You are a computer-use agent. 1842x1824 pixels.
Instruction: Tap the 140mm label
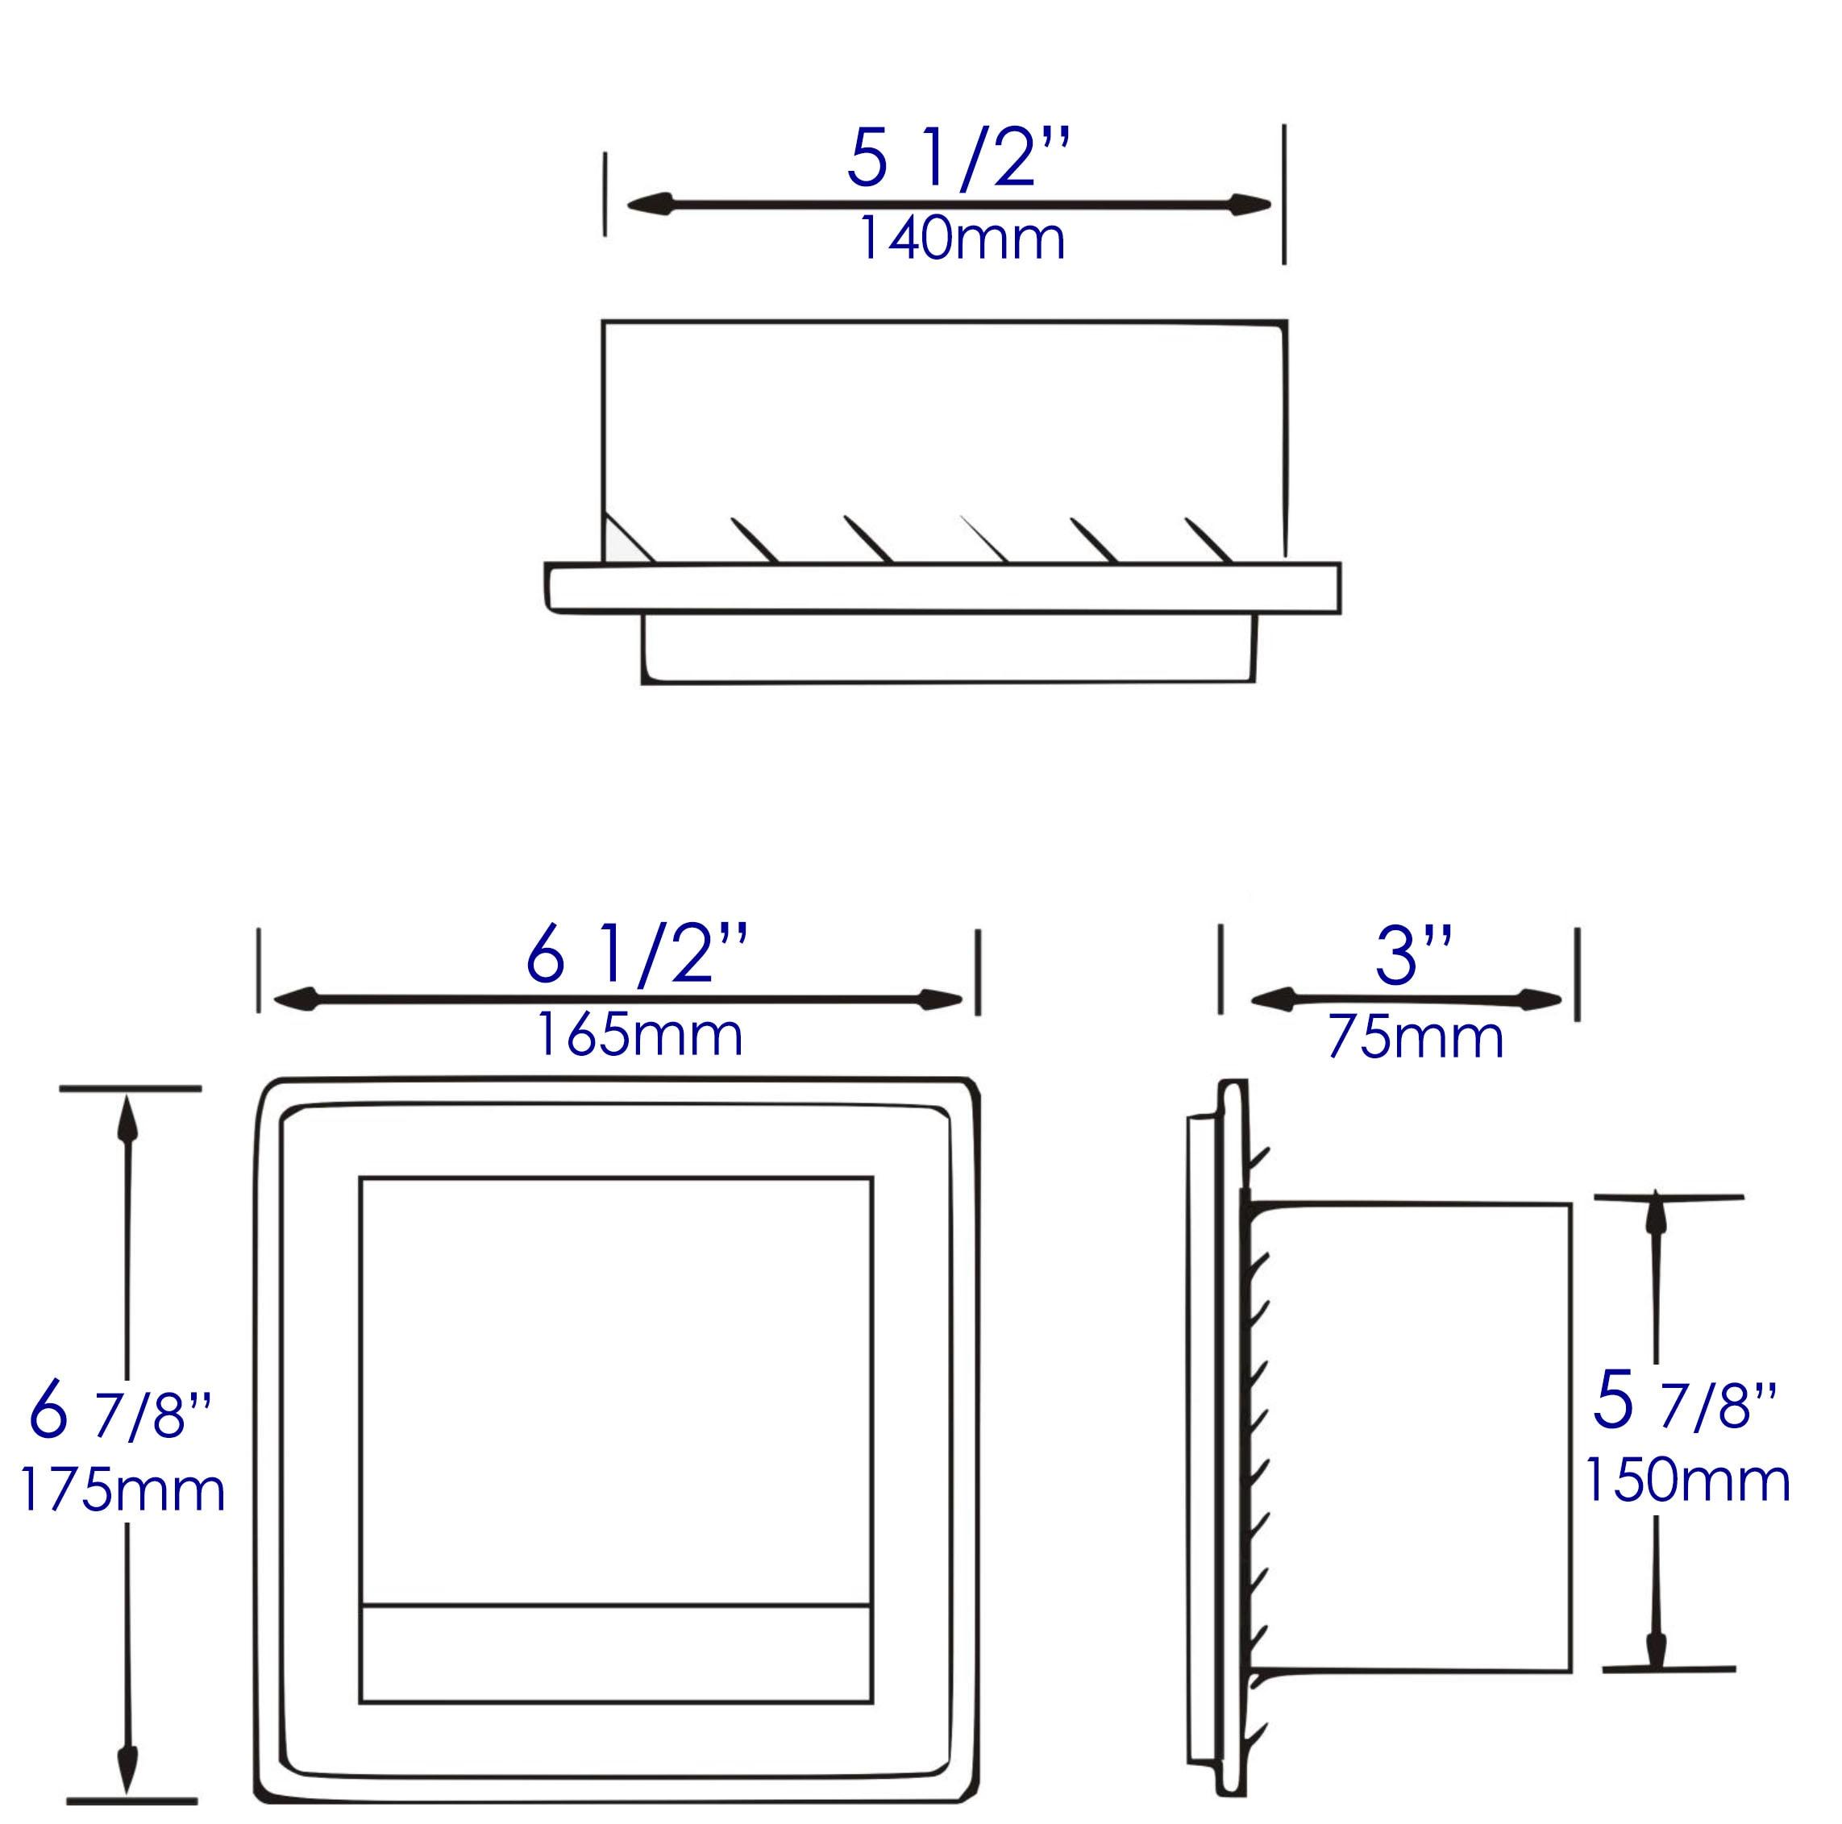[961, 239]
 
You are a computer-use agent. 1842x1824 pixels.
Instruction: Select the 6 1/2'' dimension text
[636, 957]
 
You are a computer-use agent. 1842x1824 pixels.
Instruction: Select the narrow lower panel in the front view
[616, 1652]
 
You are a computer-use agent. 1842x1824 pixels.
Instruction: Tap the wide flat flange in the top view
[942, 588]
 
